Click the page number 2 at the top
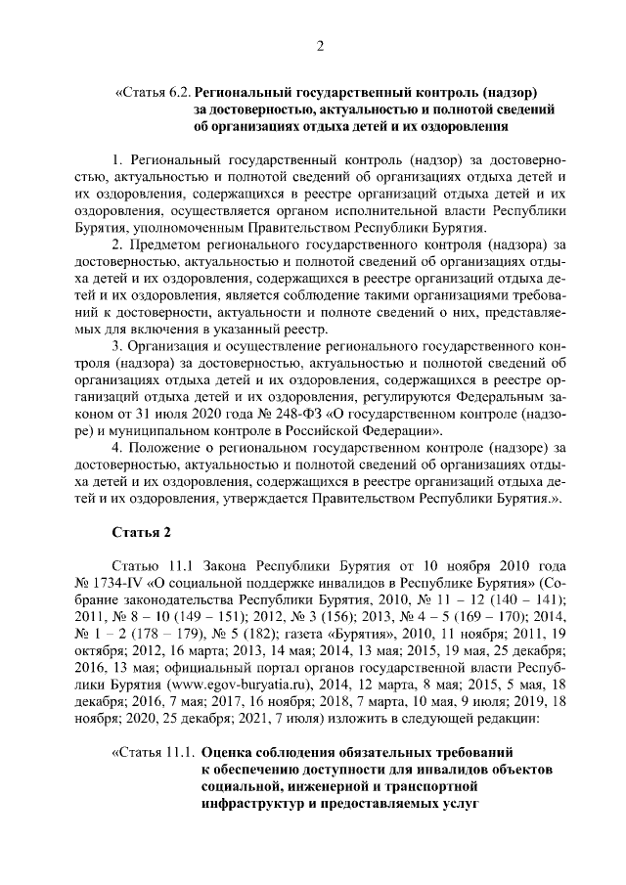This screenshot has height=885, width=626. (x=319, y=46)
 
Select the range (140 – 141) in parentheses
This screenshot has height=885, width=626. (x=523, y=599)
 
